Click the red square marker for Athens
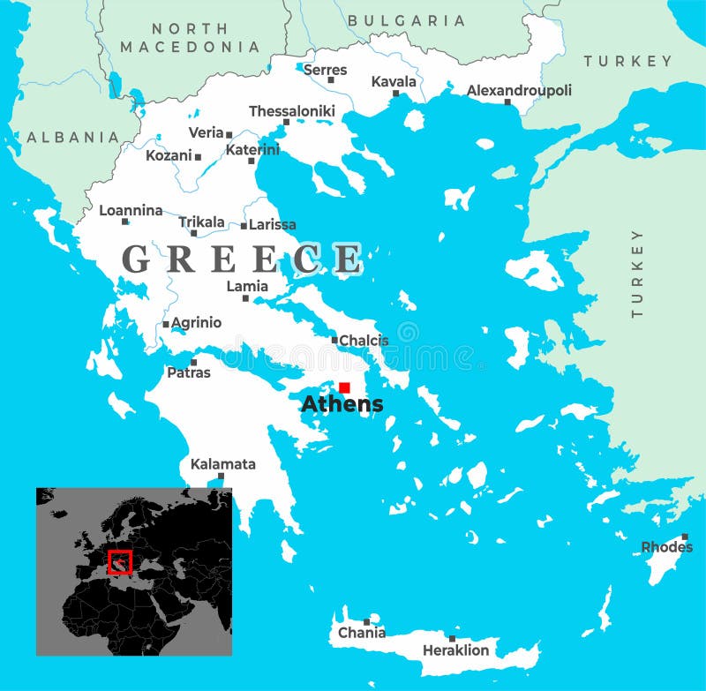pos(344,387)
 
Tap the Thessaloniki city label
pos(292,111)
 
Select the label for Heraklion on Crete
pos(455,650)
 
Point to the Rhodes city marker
pos(684,537)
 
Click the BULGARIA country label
pos(406,20)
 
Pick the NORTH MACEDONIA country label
pos(190,38)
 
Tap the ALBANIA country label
pos(72,137)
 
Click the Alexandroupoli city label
pos(519,90)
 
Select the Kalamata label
pos(223,464)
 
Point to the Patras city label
pos(189,372)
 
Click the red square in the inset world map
pos(119,561)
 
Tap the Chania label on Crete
pos(362,633)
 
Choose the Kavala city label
pos(394,81)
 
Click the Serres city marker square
pos(331,80)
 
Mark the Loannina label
pos(131,210)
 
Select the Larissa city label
pos(273,225)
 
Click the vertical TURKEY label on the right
pos(637,273)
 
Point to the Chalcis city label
pos(364,341)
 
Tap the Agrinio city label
pos(196,323)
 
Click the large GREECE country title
pos(242,259)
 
